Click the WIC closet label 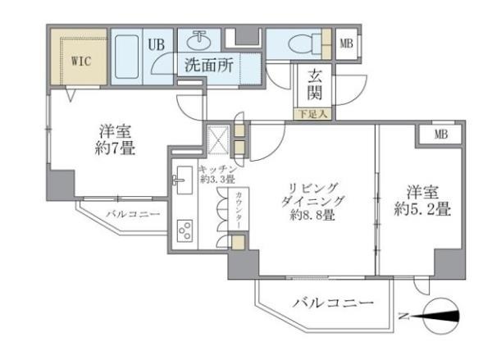[80, 61]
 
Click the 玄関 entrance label [316, 84]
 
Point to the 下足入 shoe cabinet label [312, 114]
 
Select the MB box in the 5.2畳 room [440, 134]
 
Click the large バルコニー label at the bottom [332, 304]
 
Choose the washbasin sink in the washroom [199, 40]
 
